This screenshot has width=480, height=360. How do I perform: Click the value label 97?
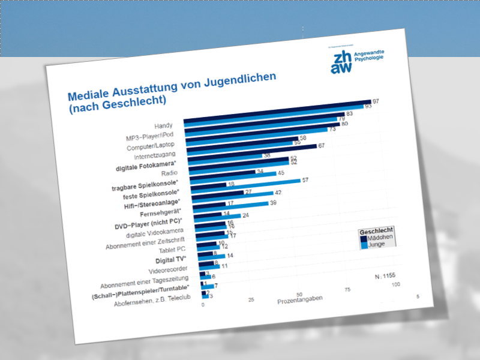tap(376, 101)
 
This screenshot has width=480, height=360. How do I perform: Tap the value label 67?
tap(322, 146)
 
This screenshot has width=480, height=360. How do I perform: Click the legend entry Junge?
tap(377, 244)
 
